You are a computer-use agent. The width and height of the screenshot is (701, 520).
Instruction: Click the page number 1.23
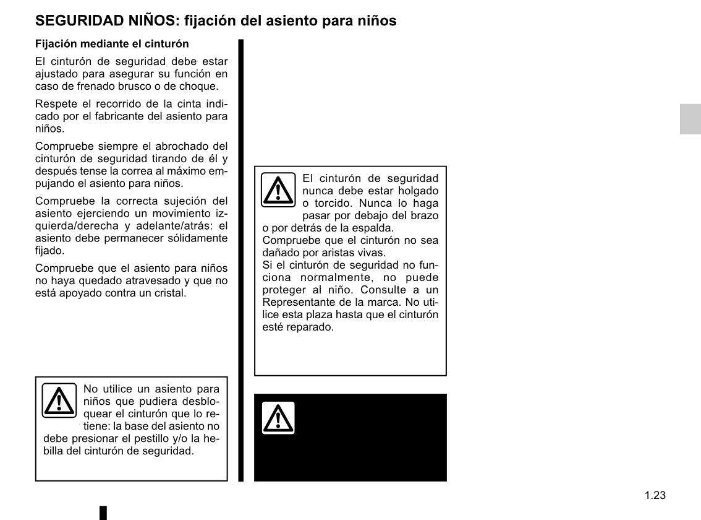[x=655, y=495]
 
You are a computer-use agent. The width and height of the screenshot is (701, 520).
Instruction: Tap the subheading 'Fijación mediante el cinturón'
[x=112, y=45]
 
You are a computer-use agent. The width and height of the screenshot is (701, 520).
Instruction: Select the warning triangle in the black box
[x=278, y=418]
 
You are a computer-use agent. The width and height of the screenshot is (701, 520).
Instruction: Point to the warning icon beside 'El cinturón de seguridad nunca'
[x=278, y=189]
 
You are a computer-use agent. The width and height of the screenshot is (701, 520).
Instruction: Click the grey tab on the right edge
[x=690, y=119]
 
